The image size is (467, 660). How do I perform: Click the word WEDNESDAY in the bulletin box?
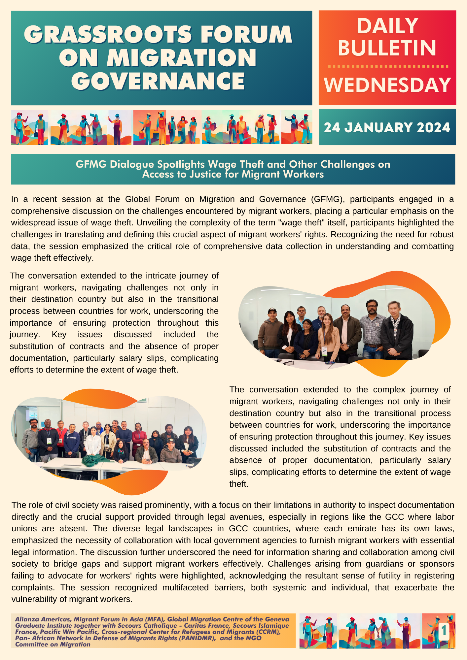click(387, 85)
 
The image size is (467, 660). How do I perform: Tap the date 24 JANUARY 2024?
click(387, 128)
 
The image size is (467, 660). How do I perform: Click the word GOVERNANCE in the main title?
click(158, 81)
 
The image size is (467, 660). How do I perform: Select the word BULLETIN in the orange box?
click(387, 48)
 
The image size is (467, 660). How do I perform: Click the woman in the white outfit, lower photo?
click(93, 442)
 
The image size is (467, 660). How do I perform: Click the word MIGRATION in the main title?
click(181, 58)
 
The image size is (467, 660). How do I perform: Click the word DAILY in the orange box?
click(387, 26)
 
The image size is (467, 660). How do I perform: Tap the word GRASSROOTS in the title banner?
click(108, 35)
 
